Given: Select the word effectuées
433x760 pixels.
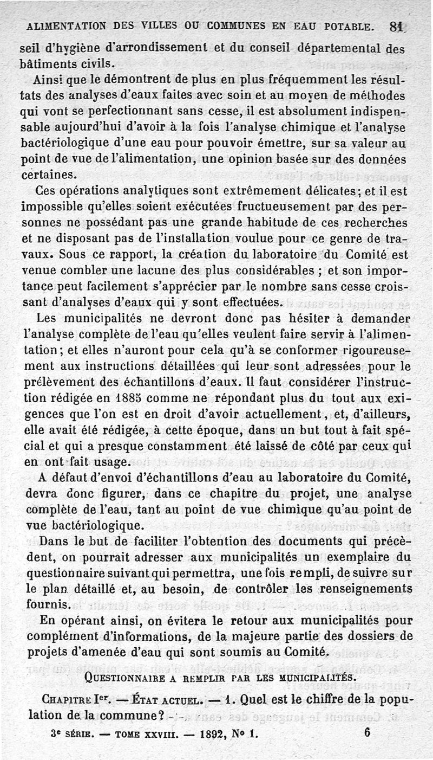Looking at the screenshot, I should [247, 302].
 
